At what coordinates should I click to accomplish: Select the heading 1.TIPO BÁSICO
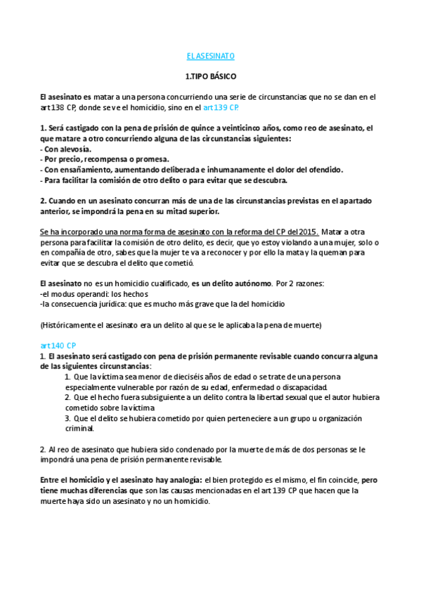point(210,76)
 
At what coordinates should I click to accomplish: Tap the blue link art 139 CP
point(221,108)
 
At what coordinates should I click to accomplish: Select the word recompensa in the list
point(103,160)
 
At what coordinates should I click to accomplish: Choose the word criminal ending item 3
point(80,428)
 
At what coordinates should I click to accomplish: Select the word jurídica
point(116,304)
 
